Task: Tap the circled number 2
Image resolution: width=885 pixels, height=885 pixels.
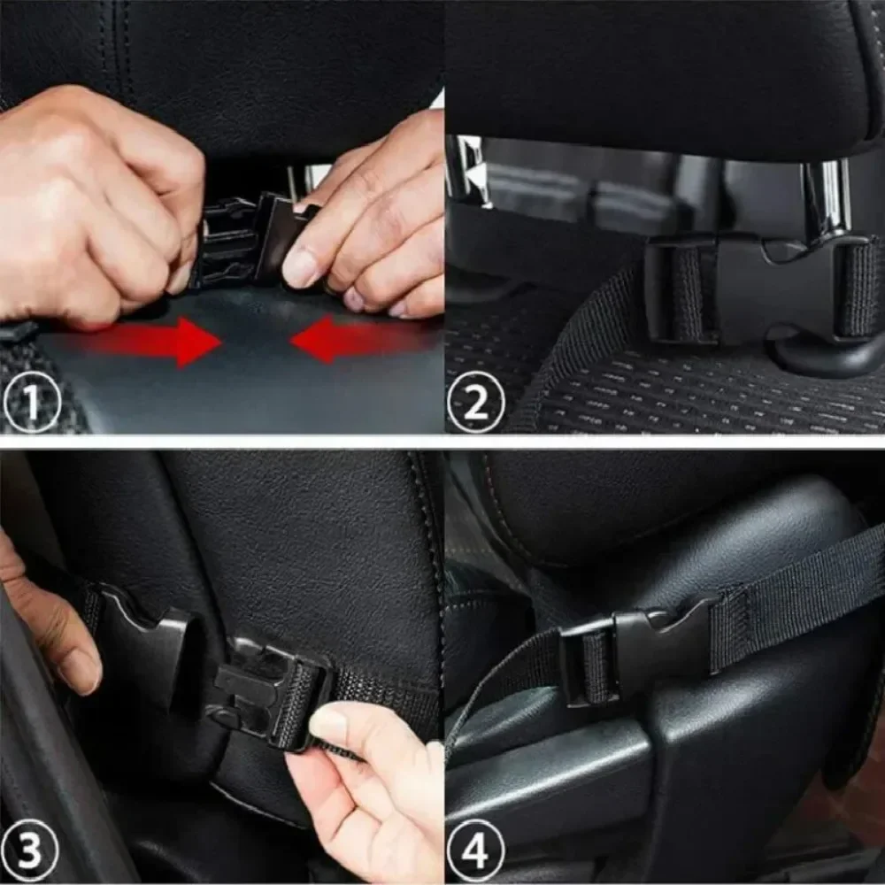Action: click(x=475, y=404)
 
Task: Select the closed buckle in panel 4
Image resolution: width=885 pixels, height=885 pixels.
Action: click(x=633, y=650)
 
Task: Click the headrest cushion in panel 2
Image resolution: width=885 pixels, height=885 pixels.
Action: click(x=655, y=71)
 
